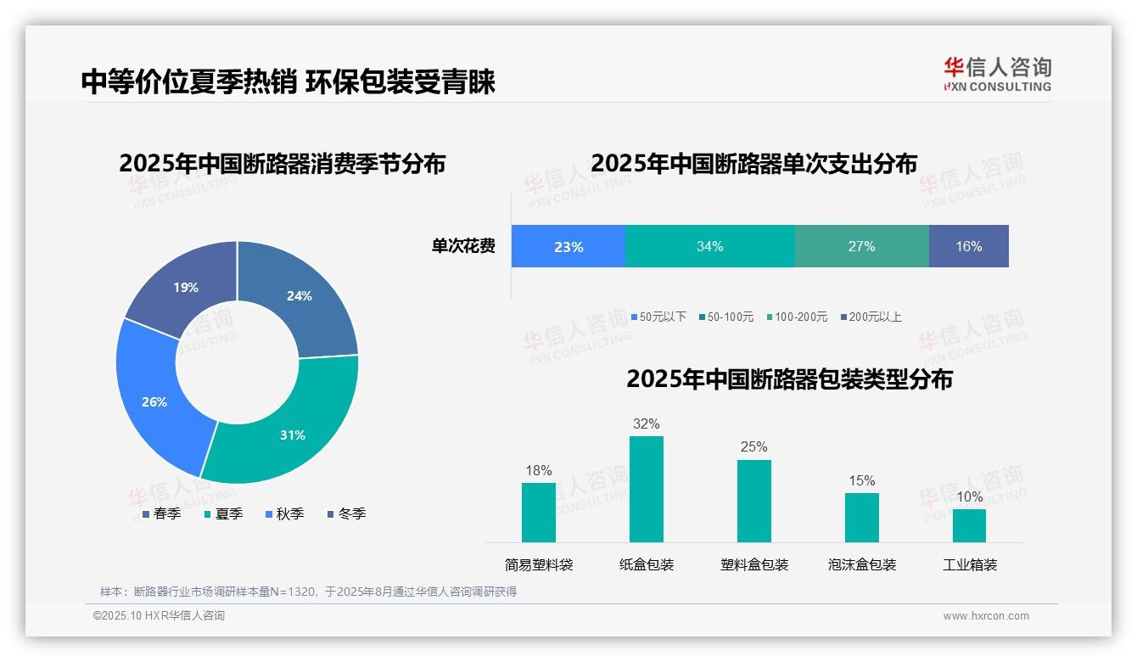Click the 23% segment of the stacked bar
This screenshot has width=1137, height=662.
(x=568, y=246)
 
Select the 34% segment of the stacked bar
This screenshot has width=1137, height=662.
(x=709, y=246)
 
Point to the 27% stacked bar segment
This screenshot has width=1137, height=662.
(x=861, y=246)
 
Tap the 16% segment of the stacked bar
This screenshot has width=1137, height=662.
(x=968, y=246)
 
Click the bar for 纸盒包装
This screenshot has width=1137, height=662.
(x=646, y=489)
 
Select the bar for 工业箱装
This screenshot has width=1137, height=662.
(x=969, y=525)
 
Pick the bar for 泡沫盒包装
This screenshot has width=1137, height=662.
(x=861, y=518)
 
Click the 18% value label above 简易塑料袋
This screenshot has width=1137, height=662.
(x=538, y=470)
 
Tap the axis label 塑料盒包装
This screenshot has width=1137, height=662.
(x=754, y=564)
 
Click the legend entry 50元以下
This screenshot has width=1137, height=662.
(x=658, y=317)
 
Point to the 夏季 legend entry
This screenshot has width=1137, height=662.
(x=224, y=513)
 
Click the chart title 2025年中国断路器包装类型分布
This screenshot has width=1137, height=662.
(x=789, y=379)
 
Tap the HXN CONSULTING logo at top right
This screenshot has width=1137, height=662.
(x=997, y=75)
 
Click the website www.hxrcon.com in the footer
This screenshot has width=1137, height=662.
(x=986, y=616)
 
